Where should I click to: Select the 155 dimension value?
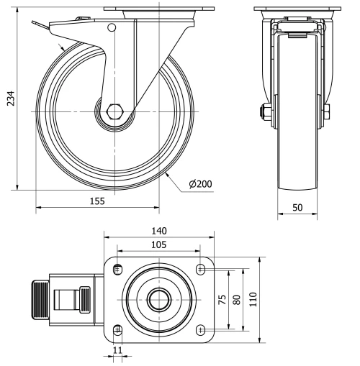[96, 202]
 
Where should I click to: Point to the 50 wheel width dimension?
[297, 207]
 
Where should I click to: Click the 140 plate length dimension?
[158, 231]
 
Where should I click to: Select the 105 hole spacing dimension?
[158, 246]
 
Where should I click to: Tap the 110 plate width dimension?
[253, 299]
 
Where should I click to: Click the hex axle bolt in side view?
[114, 112]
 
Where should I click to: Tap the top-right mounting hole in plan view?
[200, 269]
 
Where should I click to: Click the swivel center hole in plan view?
[158, 299]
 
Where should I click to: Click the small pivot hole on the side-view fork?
[111, 28]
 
